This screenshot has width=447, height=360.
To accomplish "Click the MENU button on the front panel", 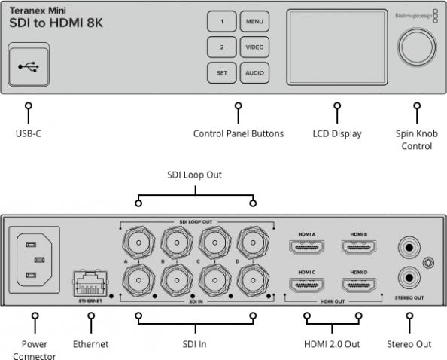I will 254,22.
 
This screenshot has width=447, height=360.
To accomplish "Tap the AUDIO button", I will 254,73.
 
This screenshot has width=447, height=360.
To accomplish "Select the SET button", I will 222,73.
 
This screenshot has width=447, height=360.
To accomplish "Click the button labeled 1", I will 222,22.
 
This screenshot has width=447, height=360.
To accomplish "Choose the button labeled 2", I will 222,47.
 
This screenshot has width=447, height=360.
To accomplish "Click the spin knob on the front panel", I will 416,46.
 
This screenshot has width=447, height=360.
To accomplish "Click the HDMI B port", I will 358,246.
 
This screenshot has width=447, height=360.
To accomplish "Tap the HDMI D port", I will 358,285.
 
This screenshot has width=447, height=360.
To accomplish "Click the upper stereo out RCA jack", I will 409,246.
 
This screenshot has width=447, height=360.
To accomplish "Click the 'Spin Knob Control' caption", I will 416,139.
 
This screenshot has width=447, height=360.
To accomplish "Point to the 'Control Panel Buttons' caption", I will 239,134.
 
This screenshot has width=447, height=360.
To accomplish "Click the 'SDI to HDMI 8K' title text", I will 56,23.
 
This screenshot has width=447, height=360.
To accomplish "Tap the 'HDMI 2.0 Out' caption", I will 333,344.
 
